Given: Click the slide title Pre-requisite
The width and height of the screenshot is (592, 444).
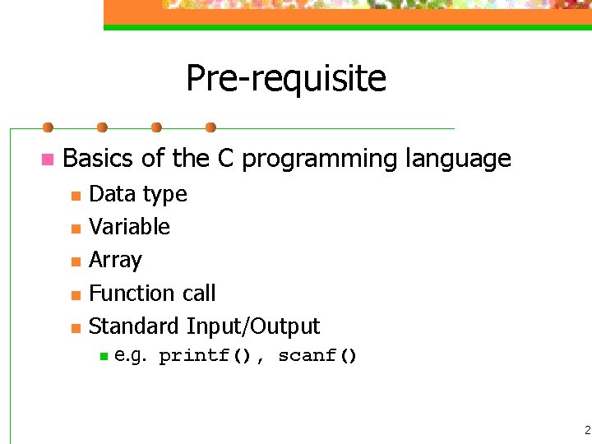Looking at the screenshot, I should (x=285, y=79).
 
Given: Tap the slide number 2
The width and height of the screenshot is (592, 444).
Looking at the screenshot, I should (x=587, y=429).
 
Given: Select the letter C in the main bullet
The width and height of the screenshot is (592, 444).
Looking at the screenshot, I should (x=226, y=158).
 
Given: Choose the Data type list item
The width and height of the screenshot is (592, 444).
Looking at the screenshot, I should (x=137, y=194).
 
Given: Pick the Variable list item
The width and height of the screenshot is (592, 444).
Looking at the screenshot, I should (x=129, y=227).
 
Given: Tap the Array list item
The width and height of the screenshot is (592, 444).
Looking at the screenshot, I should (x=115, y=260).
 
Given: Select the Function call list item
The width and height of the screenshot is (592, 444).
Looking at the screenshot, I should (x=152, y=293).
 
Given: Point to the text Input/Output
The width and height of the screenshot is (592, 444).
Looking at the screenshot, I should (x=253, y=326).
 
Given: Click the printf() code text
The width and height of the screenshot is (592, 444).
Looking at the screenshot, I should (x=206, y=356).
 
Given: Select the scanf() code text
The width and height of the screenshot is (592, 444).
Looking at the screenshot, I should (x=317, y=356).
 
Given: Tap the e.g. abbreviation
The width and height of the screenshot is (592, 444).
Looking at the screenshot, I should (x=132, y=356).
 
